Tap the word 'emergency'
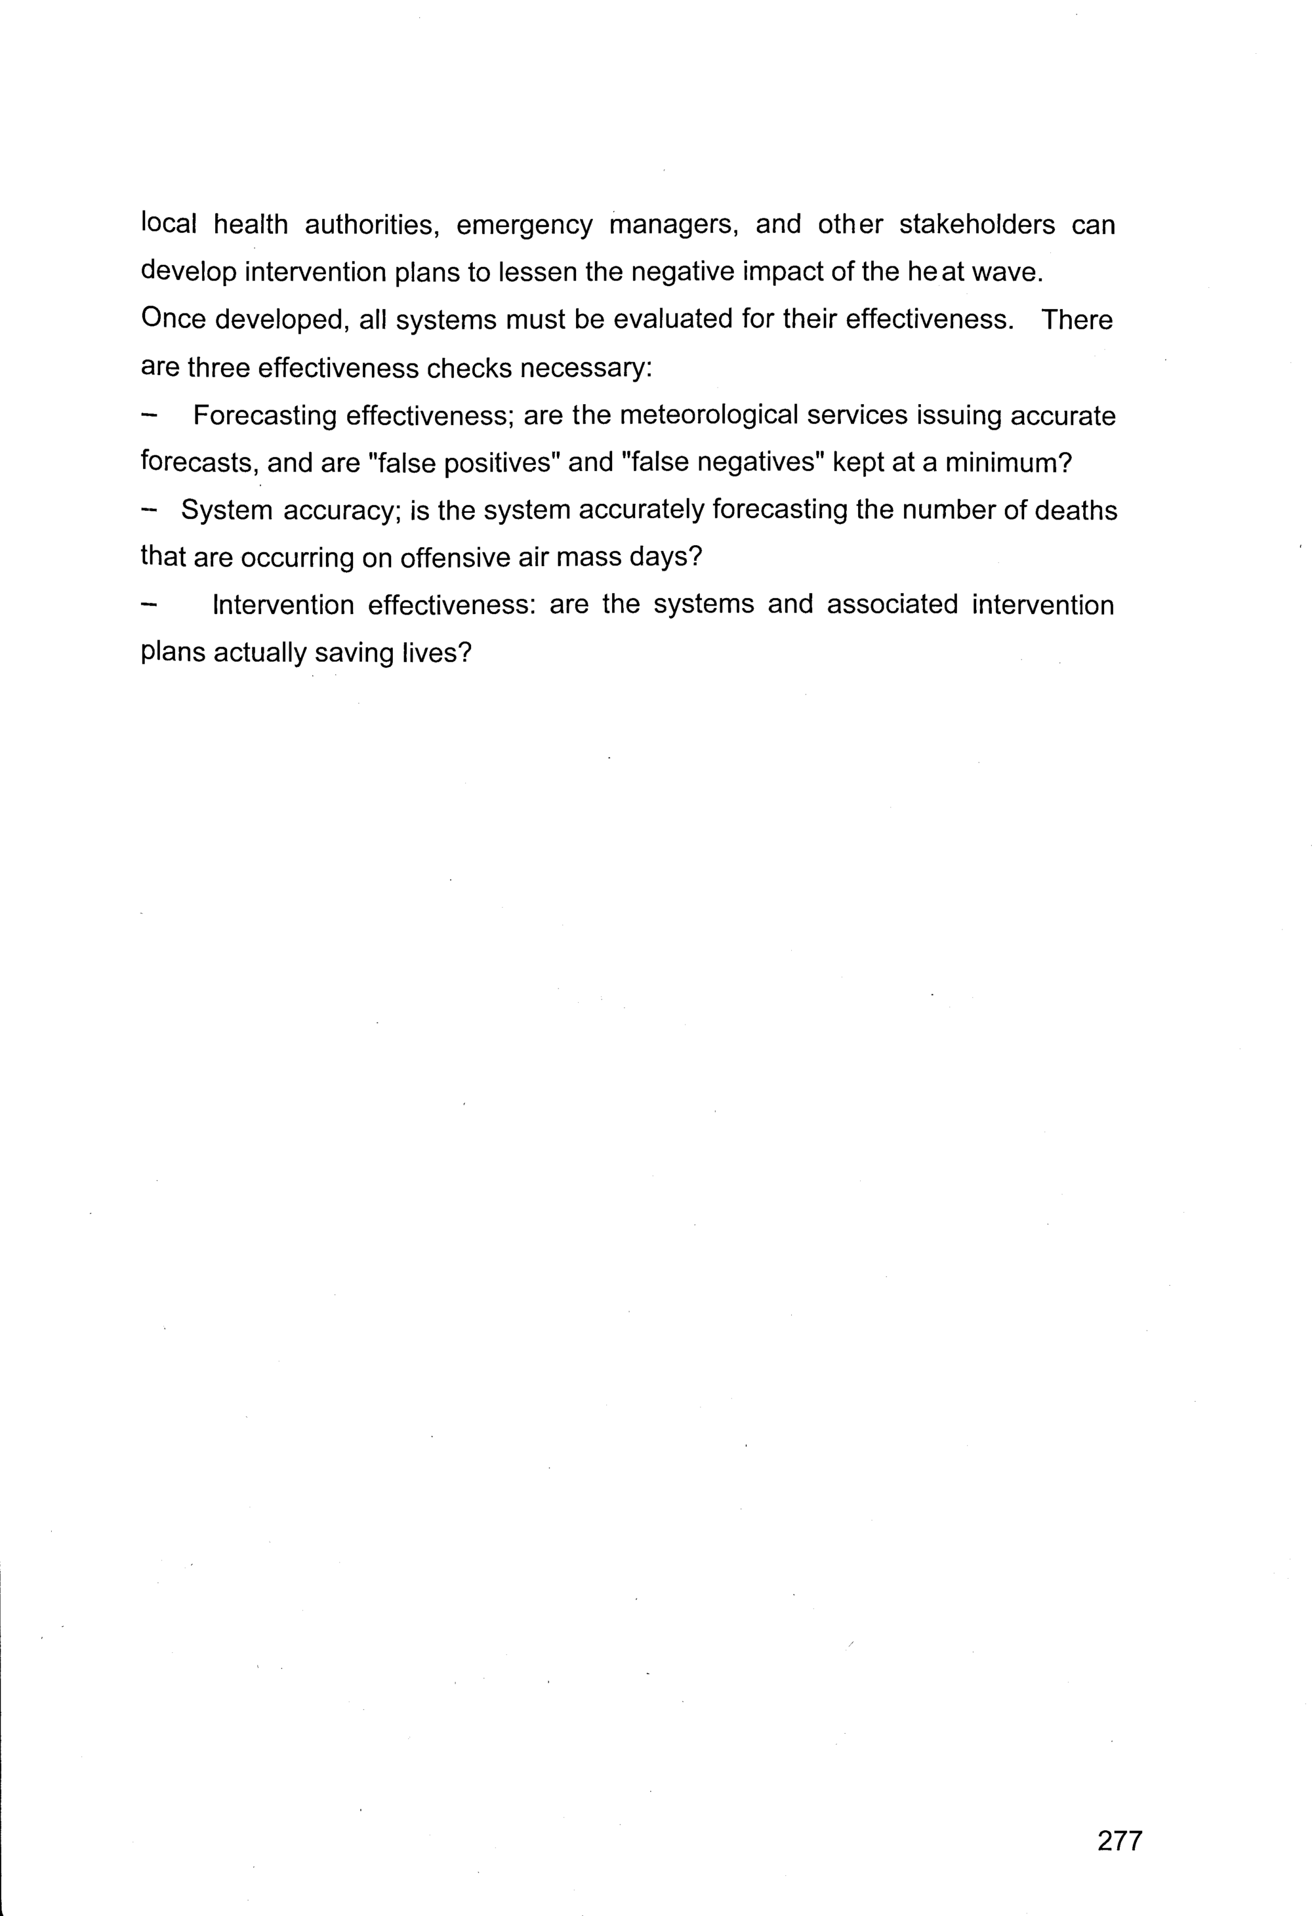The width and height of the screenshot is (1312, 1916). pyautogui.click(x=523, y=226)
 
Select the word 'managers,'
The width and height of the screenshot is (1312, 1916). pyautogui.click(x=673, y=225)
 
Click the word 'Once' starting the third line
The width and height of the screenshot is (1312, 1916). pyautogui.click(x=173, y=319)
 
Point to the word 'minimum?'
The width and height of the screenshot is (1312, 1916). pyautogui.click(x=1008, y=462)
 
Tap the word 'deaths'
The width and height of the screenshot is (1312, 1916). pyautogui.click(x=1075, y=510)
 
